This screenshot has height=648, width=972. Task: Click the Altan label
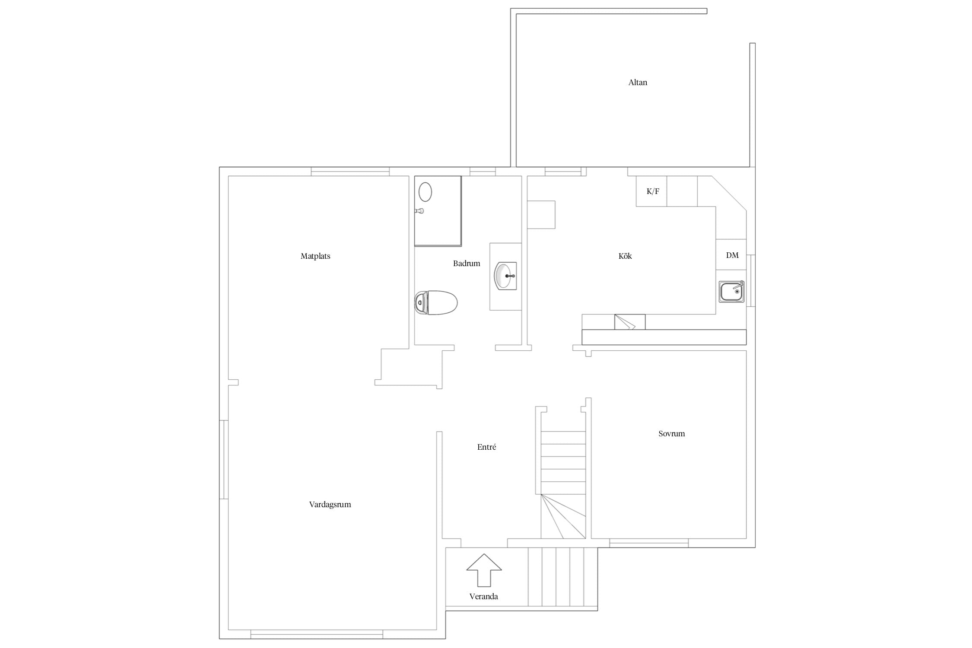(x=638, y=83)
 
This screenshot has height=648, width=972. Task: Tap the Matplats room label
(x=315, y=256)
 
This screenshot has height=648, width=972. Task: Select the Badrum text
(x=467, y=264)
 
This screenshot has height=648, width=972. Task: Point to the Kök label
(x=625, y=256)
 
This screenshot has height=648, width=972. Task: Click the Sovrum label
(x=672, y=434)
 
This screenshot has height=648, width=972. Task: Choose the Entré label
(x=486, y=447)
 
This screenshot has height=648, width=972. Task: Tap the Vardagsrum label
(x=330, y=505)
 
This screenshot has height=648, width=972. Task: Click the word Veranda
(x=484, y=597)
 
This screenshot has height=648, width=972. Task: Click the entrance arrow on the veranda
(x=484, y=570)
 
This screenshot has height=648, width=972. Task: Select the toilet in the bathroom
(x=436, y=302)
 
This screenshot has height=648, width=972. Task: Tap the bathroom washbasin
(x=505, y=276)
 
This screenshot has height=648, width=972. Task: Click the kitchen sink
(x=731, y=292)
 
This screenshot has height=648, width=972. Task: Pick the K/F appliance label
(x=653, y=191)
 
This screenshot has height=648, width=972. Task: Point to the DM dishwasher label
(x=732, y=255)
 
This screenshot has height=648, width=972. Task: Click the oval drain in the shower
(x=426, y=192)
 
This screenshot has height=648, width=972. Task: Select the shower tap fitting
(x=419, y=211)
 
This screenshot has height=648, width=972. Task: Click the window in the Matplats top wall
(x=350, y=172)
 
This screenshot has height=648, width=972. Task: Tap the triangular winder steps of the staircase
(x=563, y=516)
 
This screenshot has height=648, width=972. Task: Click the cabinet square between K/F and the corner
(x=682, y=191)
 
